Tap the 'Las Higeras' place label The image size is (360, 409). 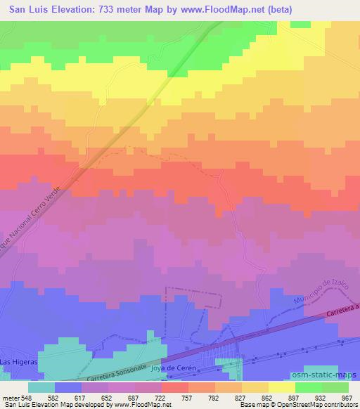tap(15, 361)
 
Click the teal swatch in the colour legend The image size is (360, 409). tap(41, 387)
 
